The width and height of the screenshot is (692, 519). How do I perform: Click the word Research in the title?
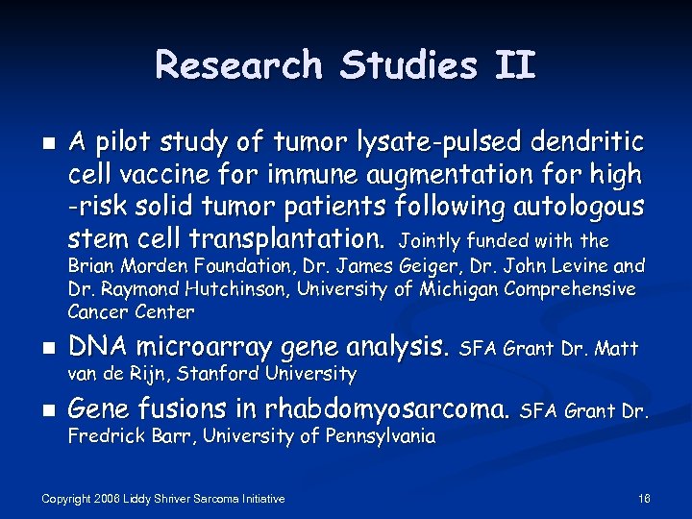pos(238,65)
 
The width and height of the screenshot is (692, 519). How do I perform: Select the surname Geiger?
pos(455,265)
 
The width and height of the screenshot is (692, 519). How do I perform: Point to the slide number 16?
pos(644,498)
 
